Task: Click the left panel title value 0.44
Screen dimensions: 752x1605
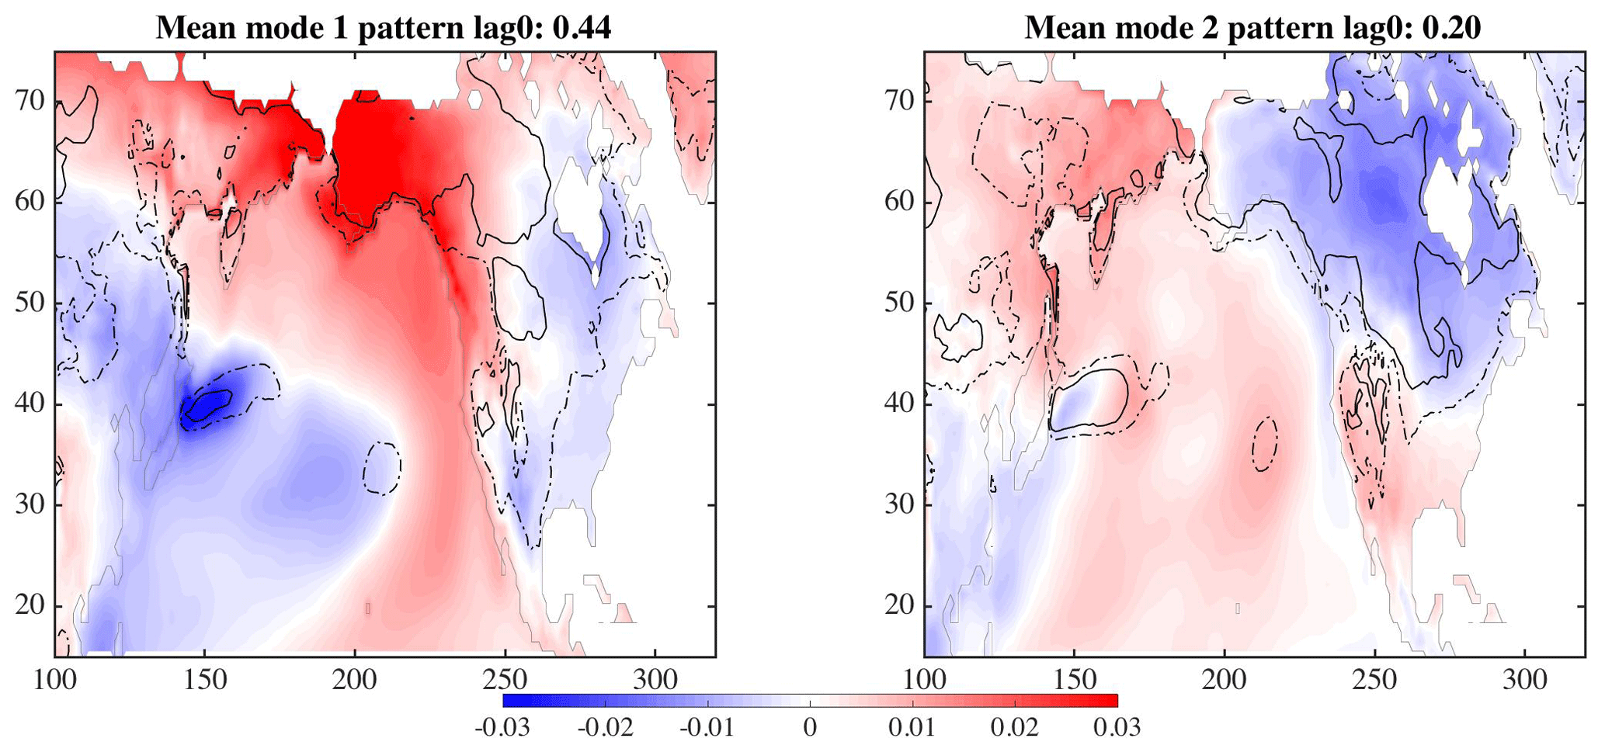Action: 582,28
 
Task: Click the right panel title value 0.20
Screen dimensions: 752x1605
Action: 1451,28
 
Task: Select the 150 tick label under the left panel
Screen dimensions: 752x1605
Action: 205,681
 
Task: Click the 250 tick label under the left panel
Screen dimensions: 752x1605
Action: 505,681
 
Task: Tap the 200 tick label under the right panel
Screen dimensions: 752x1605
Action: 1225,681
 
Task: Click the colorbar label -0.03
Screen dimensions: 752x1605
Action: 502,728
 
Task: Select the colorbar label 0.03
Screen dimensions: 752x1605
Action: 1117,728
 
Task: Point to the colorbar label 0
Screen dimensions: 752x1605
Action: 810,728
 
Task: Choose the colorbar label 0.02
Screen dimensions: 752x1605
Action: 1014,728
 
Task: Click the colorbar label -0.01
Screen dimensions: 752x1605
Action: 707,728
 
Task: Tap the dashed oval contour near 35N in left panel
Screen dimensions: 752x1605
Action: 382,468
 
